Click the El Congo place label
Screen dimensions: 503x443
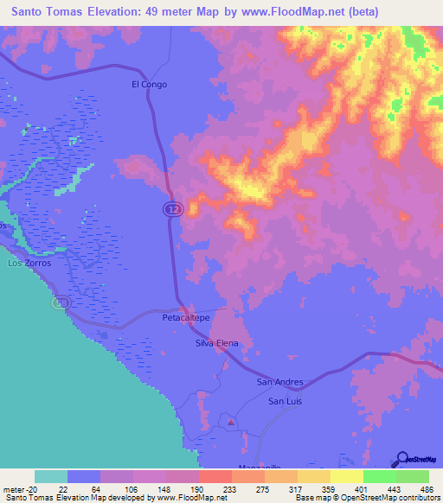149,85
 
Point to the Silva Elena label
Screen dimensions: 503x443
216,343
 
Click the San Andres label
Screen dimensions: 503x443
279,381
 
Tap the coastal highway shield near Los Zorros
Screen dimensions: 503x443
61,303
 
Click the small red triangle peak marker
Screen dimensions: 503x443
230,423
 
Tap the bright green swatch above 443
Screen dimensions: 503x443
379,476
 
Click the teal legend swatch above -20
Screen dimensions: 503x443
51,476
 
